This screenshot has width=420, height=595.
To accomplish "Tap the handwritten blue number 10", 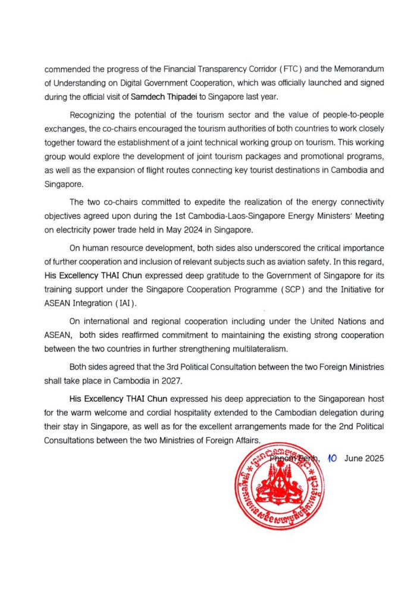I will tap(333, 459).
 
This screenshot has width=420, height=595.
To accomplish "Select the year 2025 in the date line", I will tap(375, 459).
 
